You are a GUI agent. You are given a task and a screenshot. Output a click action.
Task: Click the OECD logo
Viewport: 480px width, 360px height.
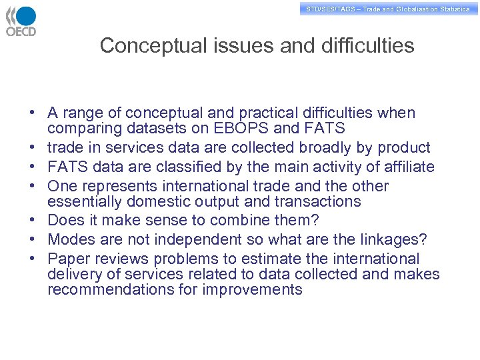click(21, 21)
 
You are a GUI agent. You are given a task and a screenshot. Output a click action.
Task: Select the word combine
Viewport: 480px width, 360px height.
click(250, 221)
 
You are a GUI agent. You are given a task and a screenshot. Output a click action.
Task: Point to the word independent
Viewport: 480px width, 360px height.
click(199, 240)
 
